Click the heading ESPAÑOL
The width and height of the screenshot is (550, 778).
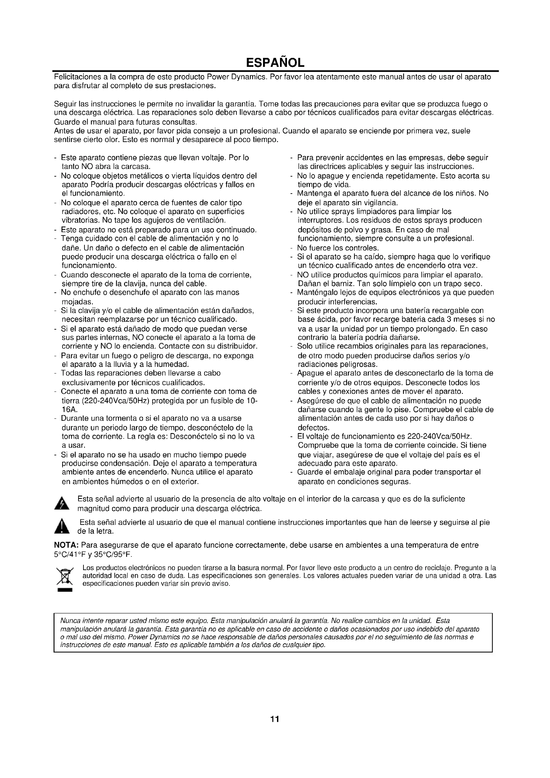275,62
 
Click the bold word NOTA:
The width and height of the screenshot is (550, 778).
67,545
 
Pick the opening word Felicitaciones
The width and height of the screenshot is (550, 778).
75,77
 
